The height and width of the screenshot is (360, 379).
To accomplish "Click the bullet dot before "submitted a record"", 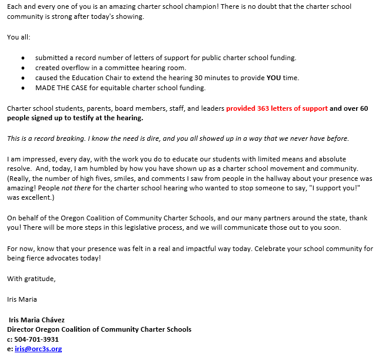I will click(22, 58).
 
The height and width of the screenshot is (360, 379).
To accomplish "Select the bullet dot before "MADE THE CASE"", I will click(22, 88).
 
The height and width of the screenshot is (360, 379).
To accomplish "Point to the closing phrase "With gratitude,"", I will click(31, 278).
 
